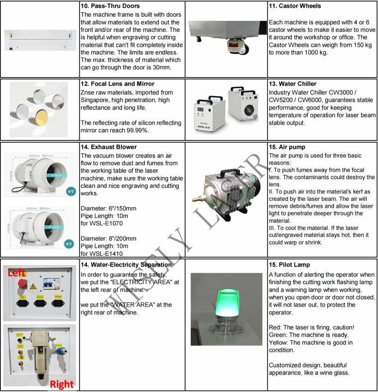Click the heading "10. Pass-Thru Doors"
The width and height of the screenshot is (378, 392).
tap(111, 6)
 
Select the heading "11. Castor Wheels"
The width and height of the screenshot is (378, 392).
tap(294, 6)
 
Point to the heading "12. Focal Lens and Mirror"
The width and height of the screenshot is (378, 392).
tap(117, 84)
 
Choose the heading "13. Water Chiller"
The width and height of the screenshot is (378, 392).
tap(293, 84)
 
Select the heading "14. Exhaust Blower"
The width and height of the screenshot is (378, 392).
tap(108, 147)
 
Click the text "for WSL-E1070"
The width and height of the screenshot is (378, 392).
tap(102, 223)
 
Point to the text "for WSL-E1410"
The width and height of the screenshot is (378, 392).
tap(102, 253)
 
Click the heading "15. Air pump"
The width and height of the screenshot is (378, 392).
tap(287, 147)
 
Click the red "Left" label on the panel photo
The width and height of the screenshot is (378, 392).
tap(17, 273)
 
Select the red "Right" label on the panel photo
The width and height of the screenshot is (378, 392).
tap(61, 384)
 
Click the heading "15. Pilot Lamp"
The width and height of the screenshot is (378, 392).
tap(289, 265)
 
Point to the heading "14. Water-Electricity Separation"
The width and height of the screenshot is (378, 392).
tap(126, 265)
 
